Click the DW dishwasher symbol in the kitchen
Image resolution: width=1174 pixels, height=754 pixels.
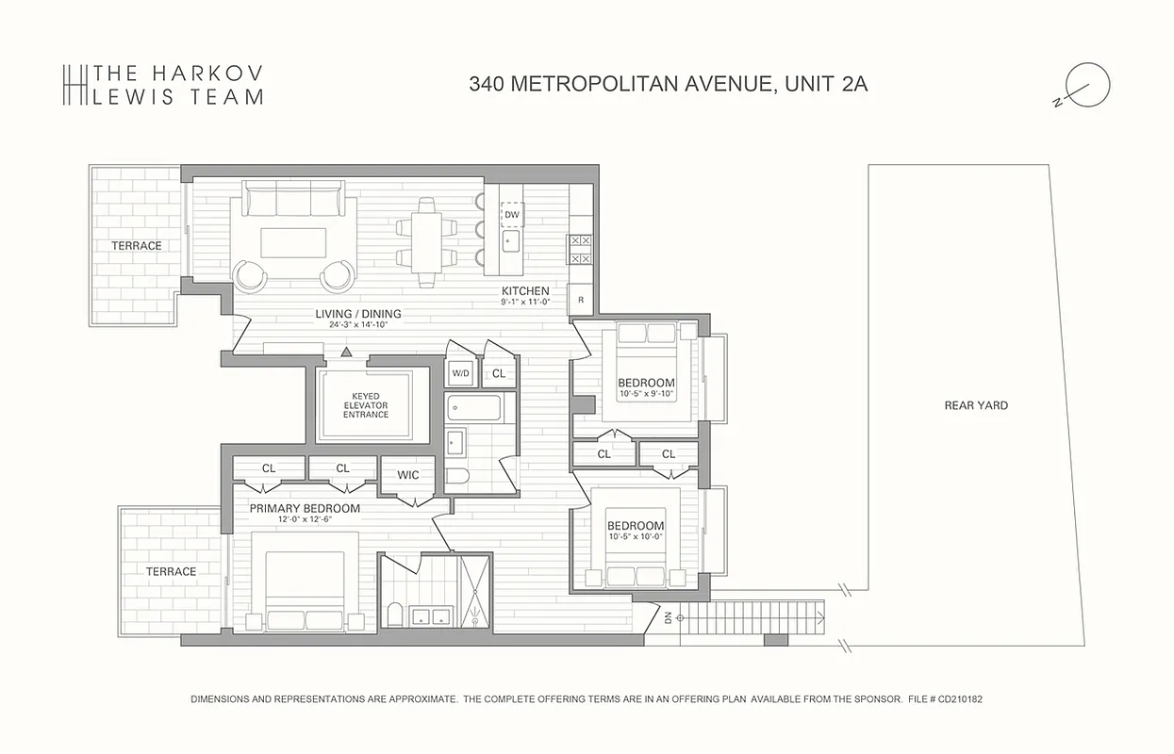pos(511,215)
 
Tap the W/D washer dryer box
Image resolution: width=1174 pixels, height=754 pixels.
pos(460,373)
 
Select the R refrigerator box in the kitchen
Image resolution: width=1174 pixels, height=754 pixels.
pos(580,300)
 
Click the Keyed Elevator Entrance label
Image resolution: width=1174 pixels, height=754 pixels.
pos(365,405)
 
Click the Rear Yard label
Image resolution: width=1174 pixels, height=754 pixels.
pos(976,405)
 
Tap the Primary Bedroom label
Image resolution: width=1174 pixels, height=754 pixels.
pos(305,508)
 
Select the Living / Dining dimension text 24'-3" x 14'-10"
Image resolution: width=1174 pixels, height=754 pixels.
pos(357,324)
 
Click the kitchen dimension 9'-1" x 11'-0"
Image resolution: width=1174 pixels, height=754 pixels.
pos(525,303)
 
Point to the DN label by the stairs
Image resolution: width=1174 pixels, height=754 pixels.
pos(669,617)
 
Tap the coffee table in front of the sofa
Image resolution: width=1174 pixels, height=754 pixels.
pos(293,242)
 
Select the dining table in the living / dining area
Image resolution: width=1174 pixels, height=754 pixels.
pos(427,241)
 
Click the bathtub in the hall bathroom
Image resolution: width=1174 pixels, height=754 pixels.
pos(475,409)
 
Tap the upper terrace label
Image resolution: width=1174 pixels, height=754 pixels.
pos(137,246)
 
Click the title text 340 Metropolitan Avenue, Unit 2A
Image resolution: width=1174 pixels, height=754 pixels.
pos(668,84)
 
